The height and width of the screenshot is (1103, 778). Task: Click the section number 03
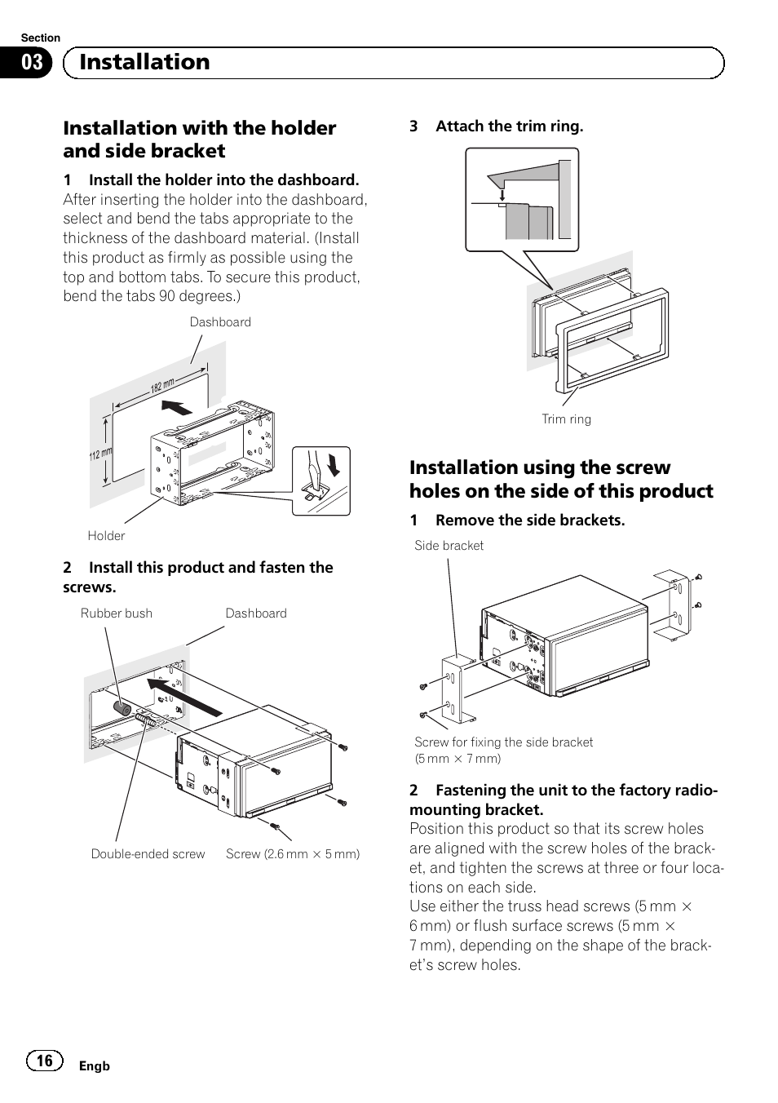32,63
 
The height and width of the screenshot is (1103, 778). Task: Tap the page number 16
44,1060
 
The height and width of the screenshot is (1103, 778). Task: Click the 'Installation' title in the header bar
144,62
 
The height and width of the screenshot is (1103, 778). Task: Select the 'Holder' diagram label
106,536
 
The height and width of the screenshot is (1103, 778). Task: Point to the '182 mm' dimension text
162,386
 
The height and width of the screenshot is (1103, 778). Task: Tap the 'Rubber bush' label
116,614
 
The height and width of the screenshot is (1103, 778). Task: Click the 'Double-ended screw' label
148,854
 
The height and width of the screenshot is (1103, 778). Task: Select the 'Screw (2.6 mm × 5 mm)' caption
292,854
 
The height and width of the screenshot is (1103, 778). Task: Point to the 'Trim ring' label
566,419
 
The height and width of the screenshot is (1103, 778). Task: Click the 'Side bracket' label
449,546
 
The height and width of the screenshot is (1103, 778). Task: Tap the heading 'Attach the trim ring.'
509,126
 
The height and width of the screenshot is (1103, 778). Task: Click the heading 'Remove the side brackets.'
529,520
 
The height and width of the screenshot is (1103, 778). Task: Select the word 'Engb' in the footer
94,1066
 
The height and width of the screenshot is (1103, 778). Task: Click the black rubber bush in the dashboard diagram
122,708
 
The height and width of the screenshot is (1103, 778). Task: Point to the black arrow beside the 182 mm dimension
177,407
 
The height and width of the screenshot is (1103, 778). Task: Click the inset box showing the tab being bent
320,481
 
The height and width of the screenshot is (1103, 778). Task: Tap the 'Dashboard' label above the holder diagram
220,322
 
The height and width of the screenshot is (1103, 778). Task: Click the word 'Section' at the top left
40,38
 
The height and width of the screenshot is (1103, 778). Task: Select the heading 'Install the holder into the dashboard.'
223,180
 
